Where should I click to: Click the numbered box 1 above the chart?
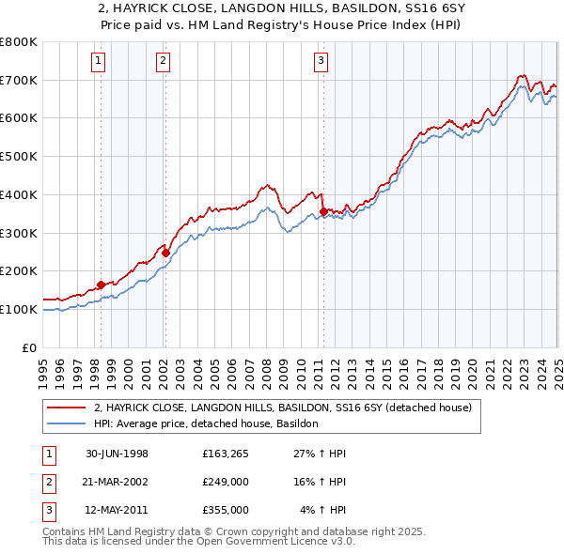pyautogui.click(x=99, y=62)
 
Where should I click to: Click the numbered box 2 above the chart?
pyautogui.click(x=163, y=62)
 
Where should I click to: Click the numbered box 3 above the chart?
pyautogui.click(x=321, y=62)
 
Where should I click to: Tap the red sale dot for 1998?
pyautogui.click(x=102, y=285)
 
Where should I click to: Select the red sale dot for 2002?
pyautogui.click(x=165, y=252)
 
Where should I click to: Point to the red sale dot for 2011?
pyautogui.click(x=323, y=211)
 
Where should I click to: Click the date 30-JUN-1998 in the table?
pyautogui.click(x=117, y=454)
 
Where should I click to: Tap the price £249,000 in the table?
pyautogui.click(x=225, y=482)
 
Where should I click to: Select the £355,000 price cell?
pyautogui.click(x=225, y=510)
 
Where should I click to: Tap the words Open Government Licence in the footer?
pyautogui.click(x=260, y=542)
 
